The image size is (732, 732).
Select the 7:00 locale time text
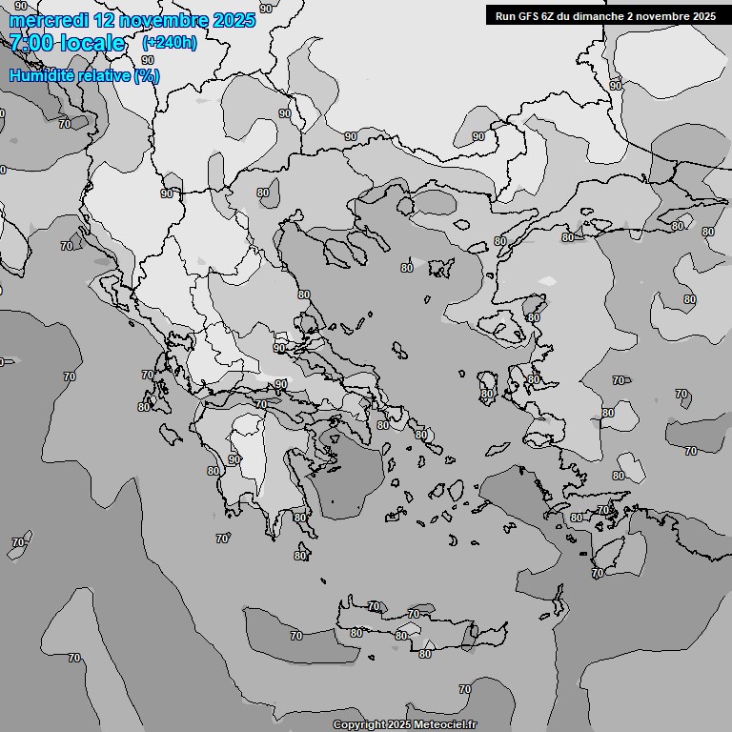coord(67,43)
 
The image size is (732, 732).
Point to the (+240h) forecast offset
coord(170,43)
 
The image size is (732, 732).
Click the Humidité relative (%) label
coord(85,75)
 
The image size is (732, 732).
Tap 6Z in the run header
coord(547,15)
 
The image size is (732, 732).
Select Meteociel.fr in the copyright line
coord(444,725)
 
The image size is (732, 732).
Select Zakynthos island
coord(172,435)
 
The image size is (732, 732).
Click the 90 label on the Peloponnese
coord(234,459)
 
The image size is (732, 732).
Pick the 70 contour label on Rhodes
coord(597,574)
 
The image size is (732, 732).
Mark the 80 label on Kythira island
coord(301,556)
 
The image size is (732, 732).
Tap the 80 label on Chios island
coord(487,394)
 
